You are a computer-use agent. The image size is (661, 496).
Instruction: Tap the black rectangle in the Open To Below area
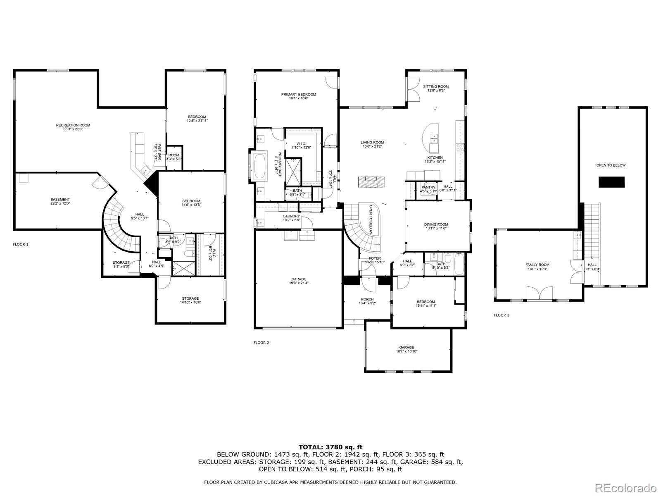click(x=611, y=182)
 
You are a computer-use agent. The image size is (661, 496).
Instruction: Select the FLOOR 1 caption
click(x=21, y=244)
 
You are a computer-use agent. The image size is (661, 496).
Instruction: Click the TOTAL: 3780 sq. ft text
click(x=330, y=447)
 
